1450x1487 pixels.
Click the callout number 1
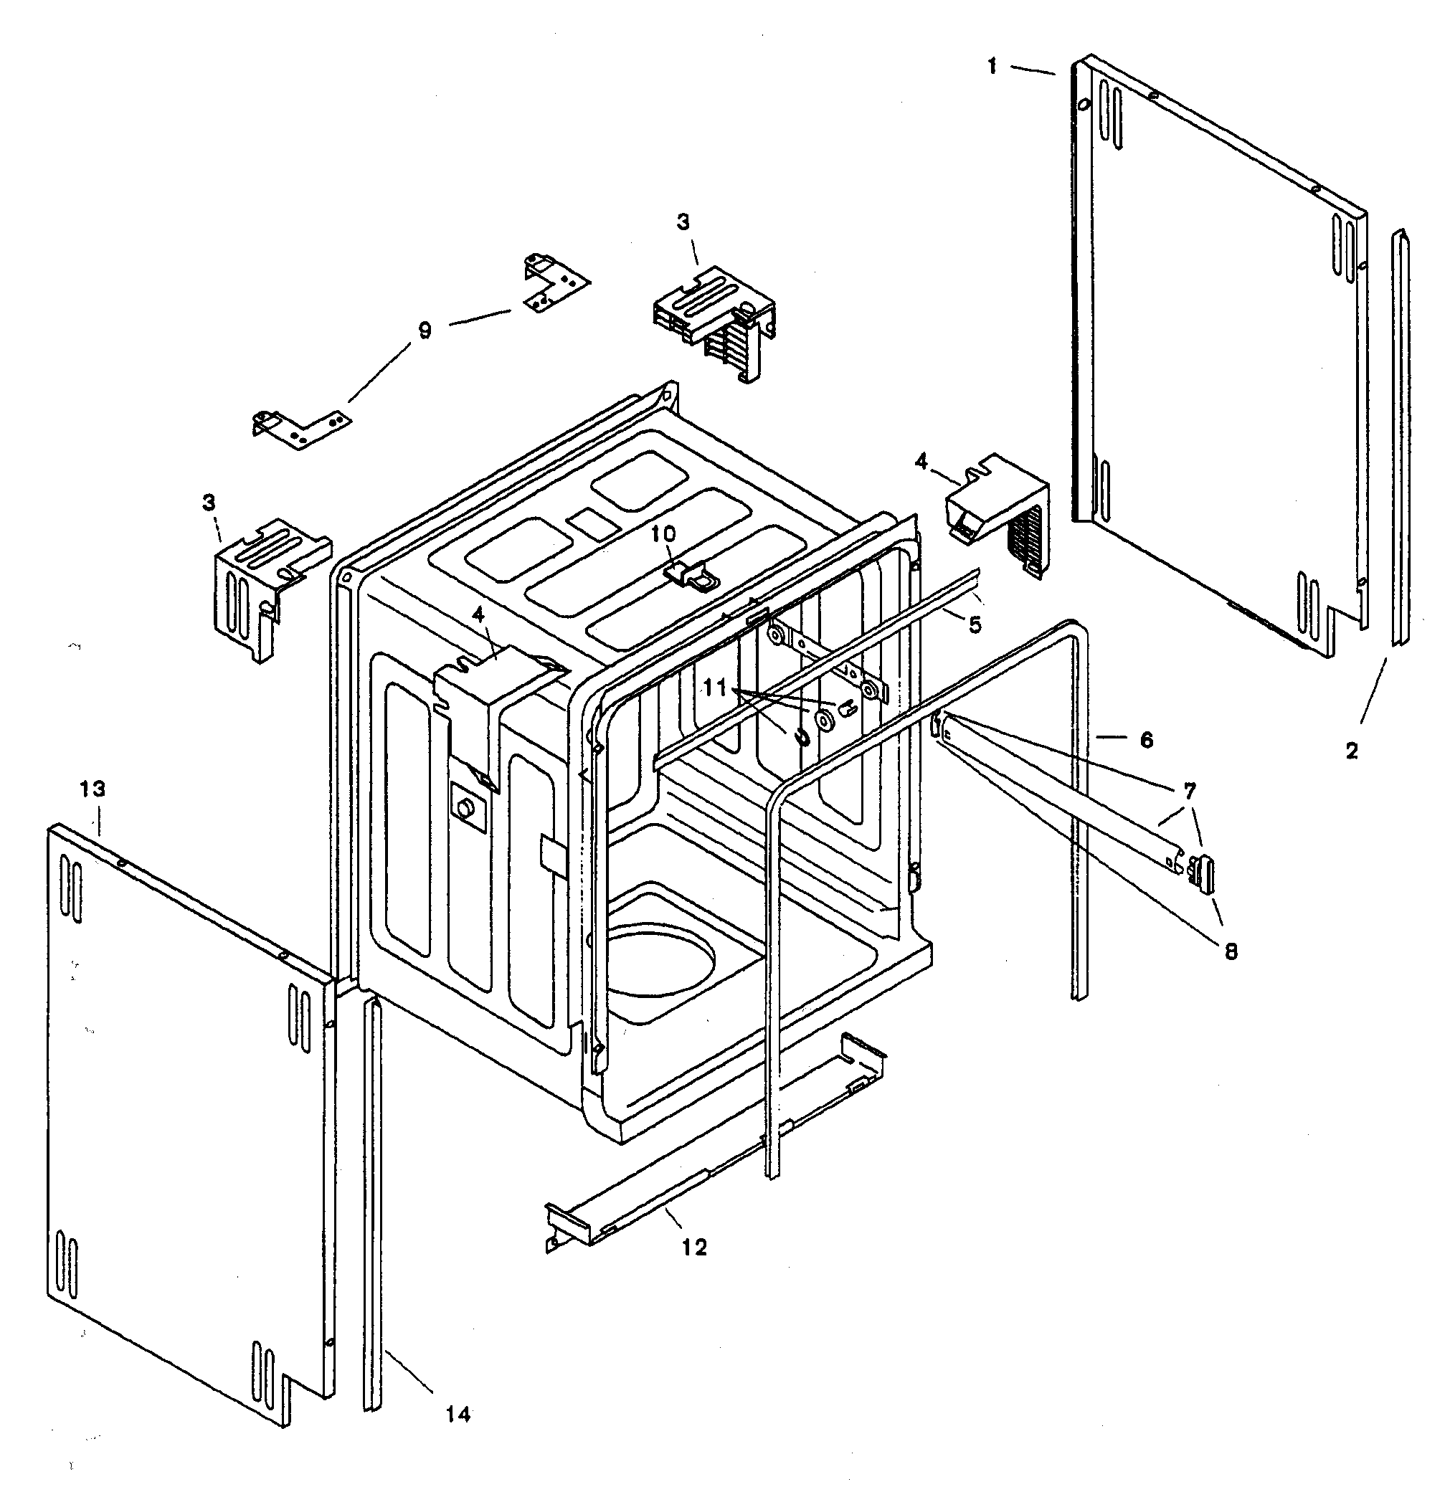coord(992,67)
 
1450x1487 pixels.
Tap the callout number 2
coord(1351,751)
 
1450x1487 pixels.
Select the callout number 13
coord(92,789)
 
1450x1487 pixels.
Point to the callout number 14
coord(458,1415)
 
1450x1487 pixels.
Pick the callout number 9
coord(425,331)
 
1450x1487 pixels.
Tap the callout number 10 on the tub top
coord(663,533)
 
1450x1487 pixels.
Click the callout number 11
coord(715,688)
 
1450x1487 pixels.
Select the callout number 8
coord(1231,951)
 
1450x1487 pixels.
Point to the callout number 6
coord(1146,739)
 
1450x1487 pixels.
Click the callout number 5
coord(975,625)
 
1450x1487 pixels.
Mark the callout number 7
coord(1189,791)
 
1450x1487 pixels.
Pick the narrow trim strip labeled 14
coord(371,1203)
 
